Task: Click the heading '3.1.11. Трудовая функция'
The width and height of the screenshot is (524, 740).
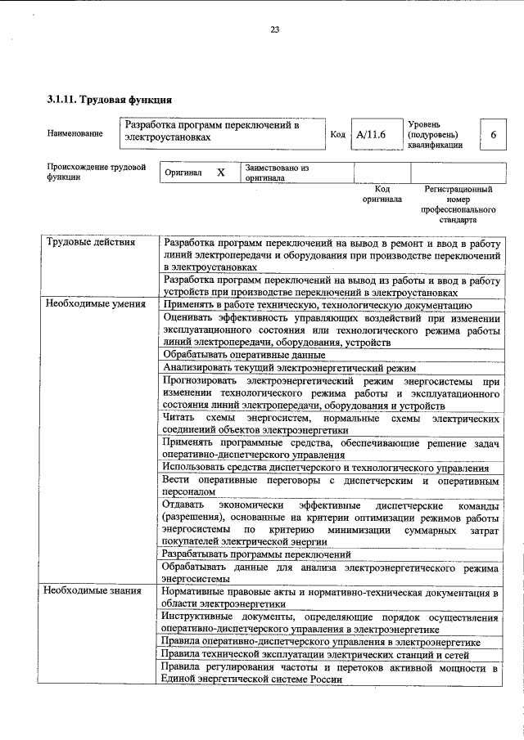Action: coord(108,101)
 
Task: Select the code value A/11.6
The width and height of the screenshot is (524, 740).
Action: coord(371,134)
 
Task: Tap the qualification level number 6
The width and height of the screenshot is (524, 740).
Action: coord(492,134)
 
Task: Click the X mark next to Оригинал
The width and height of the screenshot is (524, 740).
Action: coord(220,173)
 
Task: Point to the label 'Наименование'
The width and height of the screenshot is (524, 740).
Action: coord(75,133)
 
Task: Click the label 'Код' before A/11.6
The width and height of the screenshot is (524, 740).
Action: coord(337,134)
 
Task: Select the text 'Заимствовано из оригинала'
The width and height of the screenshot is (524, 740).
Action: coord(276,173)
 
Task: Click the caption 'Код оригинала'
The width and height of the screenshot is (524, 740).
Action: coord(381,194)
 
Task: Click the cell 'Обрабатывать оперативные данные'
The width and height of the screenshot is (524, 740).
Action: coord(243,355)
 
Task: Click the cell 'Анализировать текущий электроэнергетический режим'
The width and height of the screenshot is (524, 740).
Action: coord(289,368)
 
